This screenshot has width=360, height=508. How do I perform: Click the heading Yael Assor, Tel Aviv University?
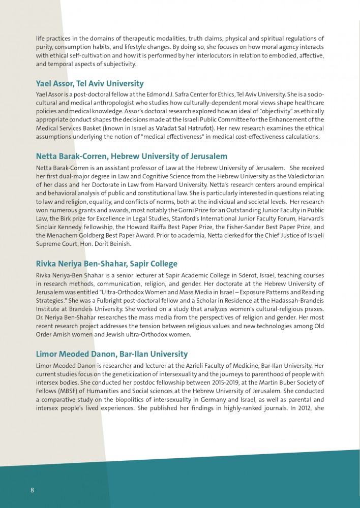89,83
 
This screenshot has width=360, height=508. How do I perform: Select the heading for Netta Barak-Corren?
131,156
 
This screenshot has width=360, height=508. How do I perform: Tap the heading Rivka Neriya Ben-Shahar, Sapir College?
106,264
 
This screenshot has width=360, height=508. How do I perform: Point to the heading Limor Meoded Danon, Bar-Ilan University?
111,354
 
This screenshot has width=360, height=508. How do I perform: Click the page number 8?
32,490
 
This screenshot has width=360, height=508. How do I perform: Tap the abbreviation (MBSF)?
72,391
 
